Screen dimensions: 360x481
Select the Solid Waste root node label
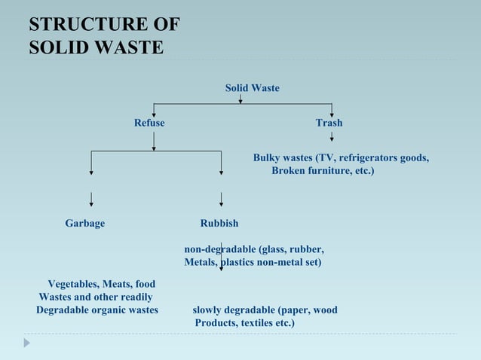pos(252,88)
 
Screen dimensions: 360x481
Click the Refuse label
pos(149,123)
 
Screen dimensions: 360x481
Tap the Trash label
pos(329,123)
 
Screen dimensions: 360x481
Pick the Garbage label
pos(85,224)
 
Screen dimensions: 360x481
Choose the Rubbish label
pos(219,224)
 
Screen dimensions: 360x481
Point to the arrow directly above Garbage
pos(91,199)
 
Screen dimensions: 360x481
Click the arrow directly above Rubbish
pos(221,199)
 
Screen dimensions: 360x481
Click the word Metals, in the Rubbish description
pos(201,262)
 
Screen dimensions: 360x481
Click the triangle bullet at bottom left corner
pos(27,343)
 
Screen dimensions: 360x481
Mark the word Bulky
pos(266,158)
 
